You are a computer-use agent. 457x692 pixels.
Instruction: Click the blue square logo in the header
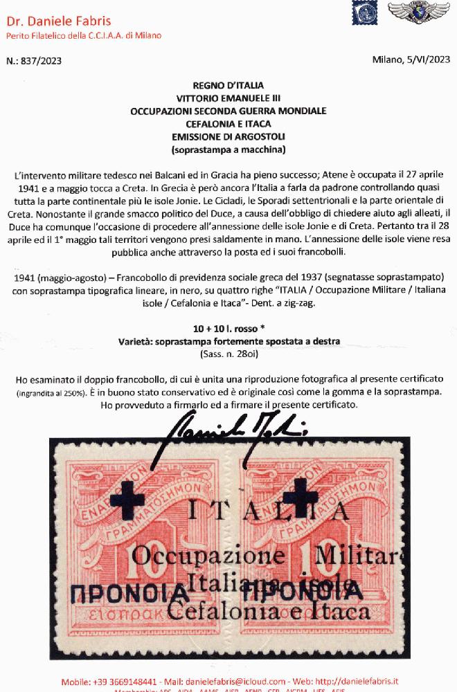pyautogui.click(x=362, y=15)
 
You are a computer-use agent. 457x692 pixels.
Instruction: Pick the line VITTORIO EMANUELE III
pyautogui.click(x=228, y=98)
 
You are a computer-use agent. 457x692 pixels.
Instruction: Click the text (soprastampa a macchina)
pyautogui.click(x=228, y=148)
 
